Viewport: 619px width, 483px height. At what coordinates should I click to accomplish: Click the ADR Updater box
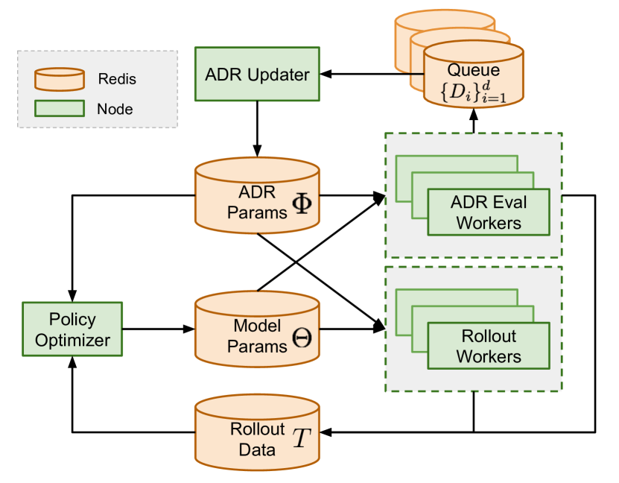(257, 74)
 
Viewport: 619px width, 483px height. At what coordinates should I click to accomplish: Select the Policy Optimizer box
(72, 329)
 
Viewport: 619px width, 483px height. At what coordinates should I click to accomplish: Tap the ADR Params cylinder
(257, 195)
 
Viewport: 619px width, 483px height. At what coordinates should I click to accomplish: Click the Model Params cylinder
(257, 329)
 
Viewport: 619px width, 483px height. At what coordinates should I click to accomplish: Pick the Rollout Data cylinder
(257, 432)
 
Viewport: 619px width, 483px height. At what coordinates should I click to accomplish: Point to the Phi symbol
(302, 203)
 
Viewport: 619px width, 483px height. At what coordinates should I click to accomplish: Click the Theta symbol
(302, 338)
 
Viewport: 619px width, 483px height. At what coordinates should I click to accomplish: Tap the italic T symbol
(302, 438)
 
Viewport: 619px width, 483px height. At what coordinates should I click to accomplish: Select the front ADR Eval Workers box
(489, 212)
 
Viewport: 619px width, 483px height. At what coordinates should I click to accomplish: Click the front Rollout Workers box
(489, 346)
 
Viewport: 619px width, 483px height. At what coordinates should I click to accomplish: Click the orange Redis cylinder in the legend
(60, 79)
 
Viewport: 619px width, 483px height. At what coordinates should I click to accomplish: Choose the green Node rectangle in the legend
(60, 108)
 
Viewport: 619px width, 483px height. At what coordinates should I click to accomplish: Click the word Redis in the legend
(117, 79)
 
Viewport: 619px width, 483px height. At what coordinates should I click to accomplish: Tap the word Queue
(473, 70)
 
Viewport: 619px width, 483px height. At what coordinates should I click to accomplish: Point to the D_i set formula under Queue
(473, 92)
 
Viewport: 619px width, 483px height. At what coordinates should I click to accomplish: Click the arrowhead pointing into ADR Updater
(326, 74)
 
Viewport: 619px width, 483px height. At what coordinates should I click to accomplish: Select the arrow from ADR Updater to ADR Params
(257, 129)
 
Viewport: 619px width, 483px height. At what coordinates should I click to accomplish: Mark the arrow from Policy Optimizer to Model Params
(159, 329)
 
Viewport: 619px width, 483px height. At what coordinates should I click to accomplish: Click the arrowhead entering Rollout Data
(326, 432)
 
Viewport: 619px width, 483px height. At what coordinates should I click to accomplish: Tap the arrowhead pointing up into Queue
(474, 115)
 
